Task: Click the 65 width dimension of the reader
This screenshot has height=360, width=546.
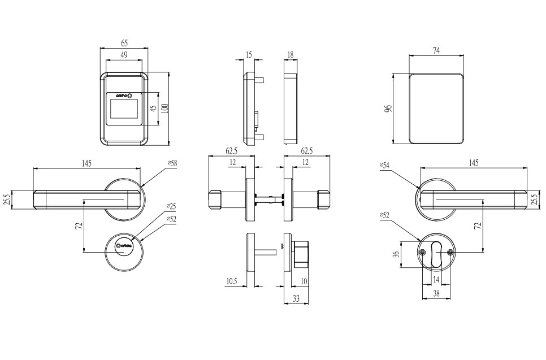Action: click(x=124, y=43)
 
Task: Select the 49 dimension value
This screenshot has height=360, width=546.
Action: click(x=124, y=55)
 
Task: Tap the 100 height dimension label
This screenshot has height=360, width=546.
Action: click(x=164, y=107)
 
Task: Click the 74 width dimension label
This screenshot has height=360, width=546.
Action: click(x=436, y=51)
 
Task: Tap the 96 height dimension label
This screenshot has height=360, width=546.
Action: click(x=388, y=109)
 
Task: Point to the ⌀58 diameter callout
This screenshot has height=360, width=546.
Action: click(x=172, y=163)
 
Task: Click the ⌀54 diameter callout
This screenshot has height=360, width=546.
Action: click(x=385, y=166)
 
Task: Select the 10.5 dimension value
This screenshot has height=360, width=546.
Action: click(x=231, y=281)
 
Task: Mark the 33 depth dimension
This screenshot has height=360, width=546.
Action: click(x=296, y=299)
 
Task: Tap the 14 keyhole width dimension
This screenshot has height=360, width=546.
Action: click(x=436, y=280)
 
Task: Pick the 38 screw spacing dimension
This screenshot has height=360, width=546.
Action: click(x=436, y=293)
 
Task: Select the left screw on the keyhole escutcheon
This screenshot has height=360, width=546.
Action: click(x=422, y=253)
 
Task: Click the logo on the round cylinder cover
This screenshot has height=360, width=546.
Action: click(x=124, y=246)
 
